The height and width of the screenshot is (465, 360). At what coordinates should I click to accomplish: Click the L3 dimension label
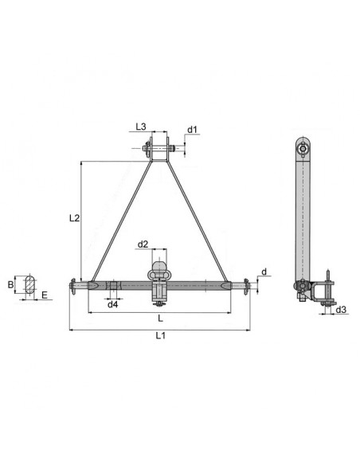141,127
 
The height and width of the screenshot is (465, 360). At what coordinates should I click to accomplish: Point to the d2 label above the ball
143,244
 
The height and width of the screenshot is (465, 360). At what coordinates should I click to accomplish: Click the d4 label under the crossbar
113,304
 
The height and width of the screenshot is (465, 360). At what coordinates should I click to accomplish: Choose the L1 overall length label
160,336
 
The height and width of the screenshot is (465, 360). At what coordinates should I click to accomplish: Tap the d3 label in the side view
340,309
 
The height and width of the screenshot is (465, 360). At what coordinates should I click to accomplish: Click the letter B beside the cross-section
11,283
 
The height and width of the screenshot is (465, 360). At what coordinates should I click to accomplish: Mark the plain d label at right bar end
264,271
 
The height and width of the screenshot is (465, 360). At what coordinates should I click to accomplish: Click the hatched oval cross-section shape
30,283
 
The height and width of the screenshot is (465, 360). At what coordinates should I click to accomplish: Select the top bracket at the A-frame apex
161,149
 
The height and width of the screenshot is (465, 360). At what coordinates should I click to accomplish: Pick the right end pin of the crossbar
248,284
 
